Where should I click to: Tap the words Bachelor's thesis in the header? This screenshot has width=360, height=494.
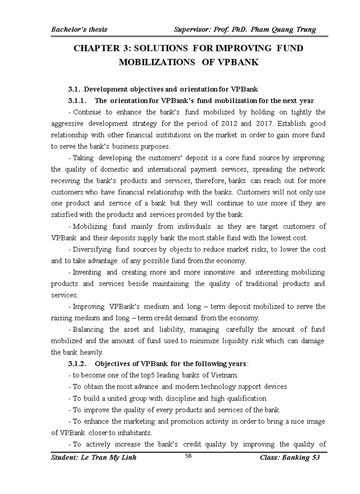coord(79,29)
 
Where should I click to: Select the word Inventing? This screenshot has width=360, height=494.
coord(87,272)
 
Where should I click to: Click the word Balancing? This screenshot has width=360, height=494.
coord(88,329)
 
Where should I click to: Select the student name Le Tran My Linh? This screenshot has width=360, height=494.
coord(94,458)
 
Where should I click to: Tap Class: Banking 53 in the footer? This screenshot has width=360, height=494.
coord(290,458)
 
